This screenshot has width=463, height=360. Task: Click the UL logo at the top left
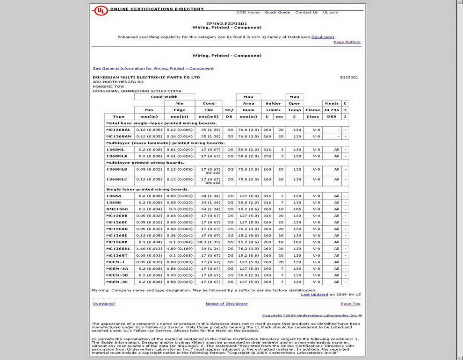101,10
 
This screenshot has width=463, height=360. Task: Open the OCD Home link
248,12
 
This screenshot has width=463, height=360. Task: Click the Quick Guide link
277,12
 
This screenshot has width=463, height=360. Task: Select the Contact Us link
306,12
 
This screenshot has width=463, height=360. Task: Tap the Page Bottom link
347,42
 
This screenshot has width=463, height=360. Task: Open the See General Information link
153,68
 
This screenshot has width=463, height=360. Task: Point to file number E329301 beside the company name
349,77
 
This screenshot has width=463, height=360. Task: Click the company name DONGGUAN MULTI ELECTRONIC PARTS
146,77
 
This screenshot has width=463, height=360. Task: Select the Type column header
119,117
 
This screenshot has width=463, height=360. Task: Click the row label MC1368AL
118,130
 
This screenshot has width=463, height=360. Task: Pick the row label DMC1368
117,209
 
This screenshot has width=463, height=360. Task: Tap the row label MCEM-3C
117,282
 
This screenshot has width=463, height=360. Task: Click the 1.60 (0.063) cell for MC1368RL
149,249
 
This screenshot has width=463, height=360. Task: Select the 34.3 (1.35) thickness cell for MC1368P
209,242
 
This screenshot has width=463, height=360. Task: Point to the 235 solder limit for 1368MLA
267,156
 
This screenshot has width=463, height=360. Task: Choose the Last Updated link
314,295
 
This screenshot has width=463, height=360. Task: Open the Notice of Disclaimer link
226,304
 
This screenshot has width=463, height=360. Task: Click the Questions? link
104,304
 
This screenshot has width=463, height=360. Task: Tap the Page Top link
350,304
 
